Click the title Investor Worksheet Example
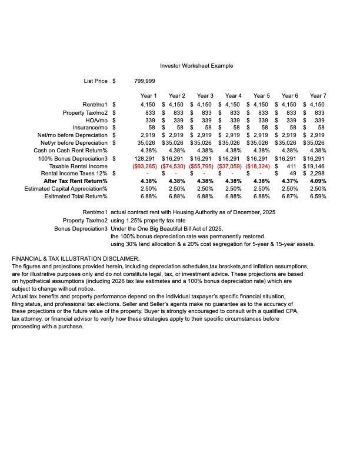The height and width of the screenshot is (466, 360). [x=196, y=66]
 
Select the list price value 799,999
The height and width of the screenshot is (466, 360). [x=145, y=81]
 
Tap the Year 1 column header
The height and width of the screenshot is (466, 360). [x=148, y=96]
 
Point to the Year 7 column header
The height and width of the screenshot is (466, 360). [x=318, y=96]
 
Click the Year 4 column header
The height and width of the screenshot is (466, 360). [x=233, y=96]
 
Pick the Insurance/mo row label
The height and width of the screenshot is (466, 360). [x=90, y=128]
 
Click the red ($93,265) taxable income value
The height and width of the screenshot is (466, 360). [x=145, y=167]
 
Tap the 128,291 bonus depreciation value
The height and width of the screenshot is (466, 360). [x=145, y=159]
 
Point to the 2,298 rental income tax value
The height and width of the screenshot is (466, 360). [x=316, y=174]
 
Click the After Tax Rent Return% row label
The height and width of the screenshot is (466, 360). [x=75, y=181]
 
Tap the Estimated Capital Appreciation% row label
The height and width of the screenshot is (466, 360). [x=66, y=189]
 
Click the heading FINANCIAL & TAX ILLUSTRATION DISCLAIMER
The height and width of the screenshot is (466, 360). [x=75, y=259]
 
